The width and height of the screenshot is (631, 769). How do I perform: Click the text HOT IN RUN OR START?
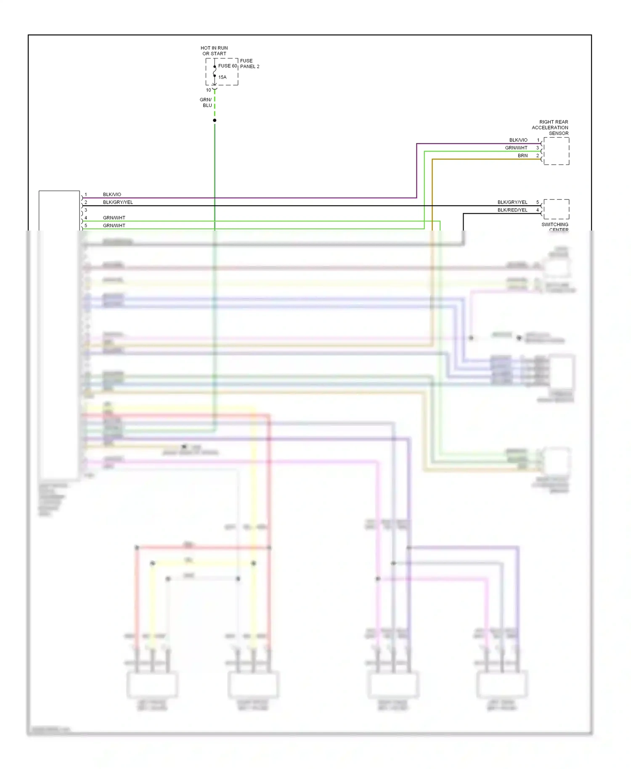tap(214, 51)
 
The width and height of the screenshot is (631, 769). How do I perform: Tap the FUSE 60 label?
tap(228, 66)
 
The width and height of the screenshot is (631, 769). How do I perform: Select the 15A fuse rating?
tap(222, 77)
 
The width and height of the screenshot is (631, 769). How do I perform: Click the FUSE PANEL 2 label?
tap(249, 64)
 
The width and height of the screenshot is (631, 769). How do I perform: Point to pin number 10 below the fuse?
tap(208, 90)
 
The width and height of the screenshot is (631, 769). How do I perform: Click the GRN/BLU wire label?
tap(206, 103)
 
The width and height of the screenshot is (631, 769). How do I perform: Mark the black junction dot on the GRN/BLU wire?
tap(215, 120)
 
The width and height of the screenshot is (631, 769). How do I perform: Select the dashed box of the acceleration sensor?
tap(556, 151)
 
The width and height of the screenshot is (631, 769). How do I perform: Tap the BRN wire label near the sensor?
tap(522, 156)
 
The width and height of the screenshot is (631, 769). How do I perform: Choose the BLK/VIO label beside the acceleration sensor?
tap(518, 140)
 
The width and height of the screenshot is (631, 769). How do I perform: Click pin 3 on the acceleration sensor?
tap(537, 148)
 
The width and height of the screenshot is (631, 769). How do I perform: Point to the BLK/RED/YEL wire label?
tap(512, 210)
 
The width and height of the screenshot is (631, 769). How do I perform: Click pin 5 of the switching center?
tap(537, 202)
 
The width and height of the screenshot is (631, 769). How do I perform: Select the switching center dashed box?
tap(556, 209)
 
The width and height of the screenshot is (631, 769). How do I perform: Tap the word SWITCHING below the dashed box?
tap(554, 225)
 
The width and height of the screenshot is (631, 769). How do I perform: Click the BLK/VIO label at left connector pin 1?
tap(112, 194)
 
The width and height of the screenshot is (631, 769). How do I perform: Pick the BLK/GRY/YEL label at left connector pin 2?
tap(118, 202)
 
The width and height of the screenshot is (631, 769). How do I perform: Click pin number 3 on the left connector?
tap(86, 210)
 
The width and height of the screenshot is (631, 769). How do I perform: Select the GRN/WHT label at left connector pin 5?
tap(114, 225)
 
